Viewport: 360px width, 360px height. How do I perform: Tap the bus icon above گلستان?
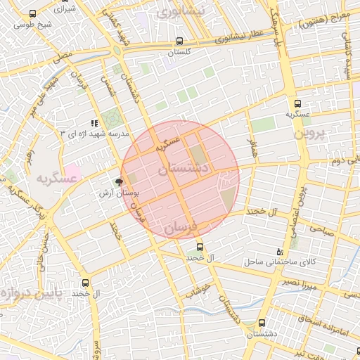(180, 41)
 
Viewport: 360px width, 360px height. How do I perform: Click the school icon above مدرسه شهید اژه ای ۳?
(94, 123)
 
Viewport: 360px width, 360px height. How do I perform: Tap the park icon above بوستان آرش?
(118, 181)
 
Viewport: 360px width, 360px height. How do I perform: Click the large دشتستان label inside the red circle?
(182, 169)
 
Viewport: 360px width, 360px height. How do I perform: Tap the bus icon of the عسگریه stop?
(288, 101)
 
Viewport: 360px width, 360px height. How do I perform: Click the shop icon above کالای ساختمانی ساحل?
(281, 252)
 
